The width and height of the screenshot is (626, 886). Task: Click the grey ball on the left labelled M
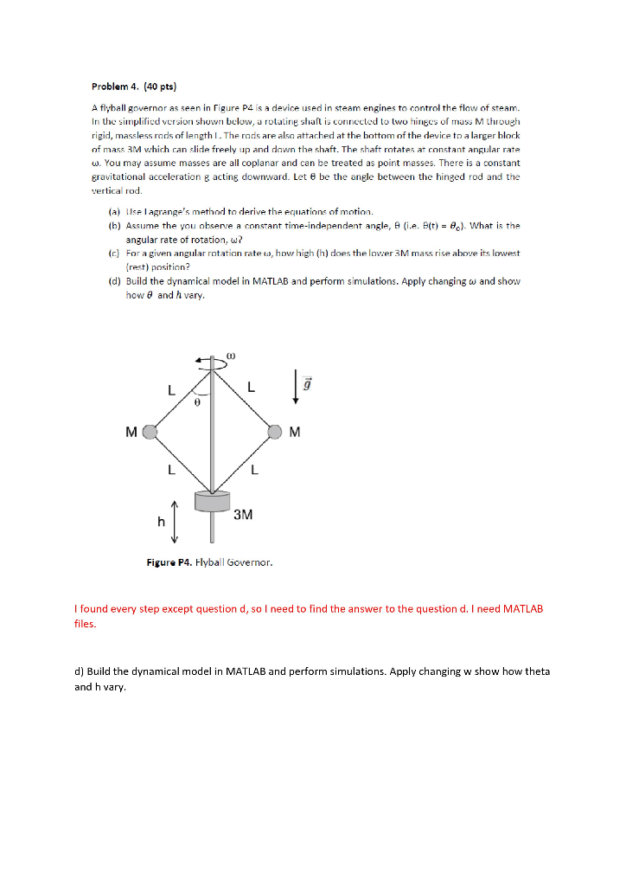150,431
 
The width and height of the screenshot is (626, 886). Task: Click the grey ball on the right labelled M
275,431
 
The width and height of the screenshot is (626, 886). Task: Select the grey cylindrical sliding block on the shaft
213,501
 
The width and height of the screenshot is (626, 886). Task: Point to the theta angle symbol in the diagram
198,401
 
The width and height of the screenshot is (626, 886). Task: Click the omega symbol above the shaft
231,355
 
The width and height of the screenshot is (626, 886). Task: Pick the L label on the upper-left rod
171,390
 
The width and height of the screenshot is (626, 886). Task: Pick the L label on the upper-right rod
251,388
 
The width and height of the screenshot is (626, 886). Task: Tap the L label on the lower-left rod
171,471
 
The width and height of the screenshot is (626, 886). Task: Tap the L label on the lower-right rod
253,471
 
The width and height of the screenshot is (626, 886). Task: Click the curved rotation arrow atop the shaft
212,364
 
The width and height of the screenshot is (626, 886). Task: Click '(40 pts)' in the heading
161,87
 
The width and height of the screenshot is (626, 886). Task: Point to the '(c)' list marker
113,253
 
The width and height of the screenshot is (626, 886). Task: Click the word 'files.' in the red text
85,624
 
